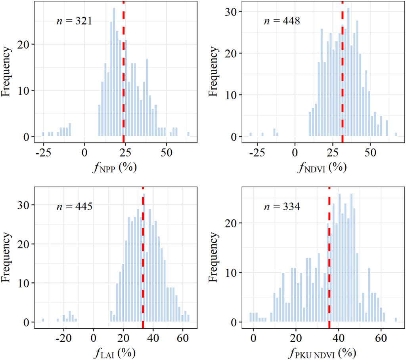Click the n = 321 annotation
pos(74,21)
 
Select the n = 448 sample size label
pos(282,21)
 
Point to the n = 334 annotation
pos(282,206)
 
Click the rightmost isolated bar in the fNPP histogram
pos(188,134)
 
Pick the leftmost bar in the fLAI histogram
pos(43,320)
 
